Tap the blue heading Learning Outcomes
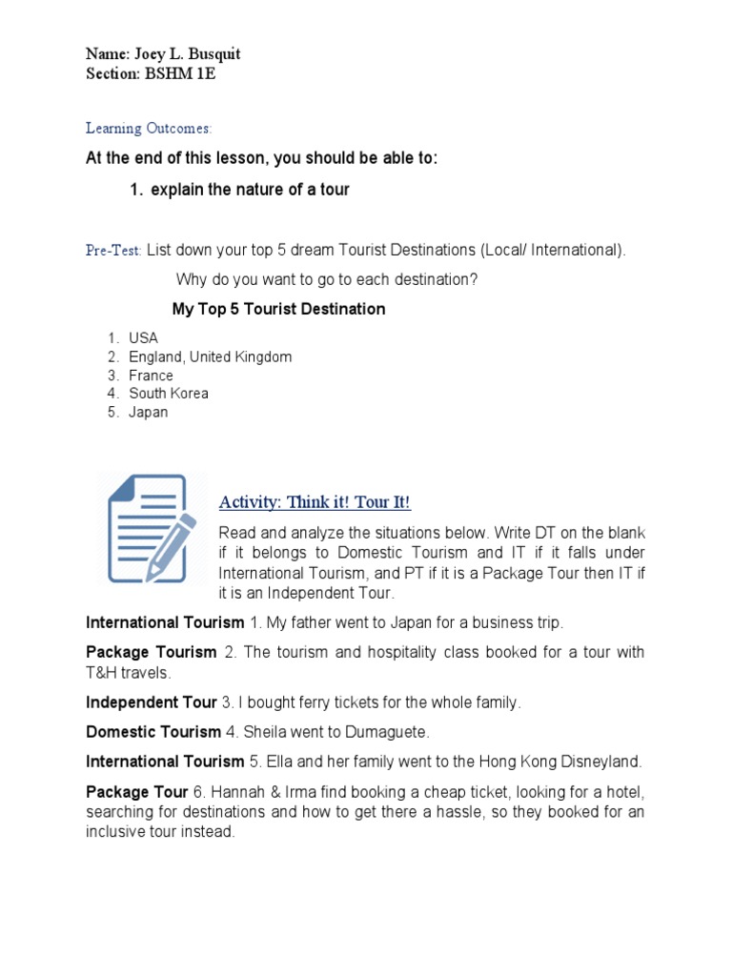click(149, 128)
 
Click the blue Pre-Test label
click(113, 250)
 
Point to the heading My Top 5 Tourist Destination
click(278, 309)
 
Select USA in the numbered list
click(144, 337)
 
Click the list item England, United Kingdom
click(211, 356)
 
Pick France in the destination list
click(152, 375)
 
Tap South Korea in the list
click(169, 393)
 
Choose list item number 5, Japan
click(149, 412)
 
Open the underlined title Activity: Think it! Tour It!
click(315, 502)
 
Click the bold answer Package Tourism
click(152, 652)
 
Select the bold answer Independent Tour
click(152, 702)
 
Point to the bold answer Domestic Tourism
click(153, 732)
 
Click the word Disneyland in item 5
click(604, 762)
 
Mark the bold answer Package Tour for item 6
click(137, 792)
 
